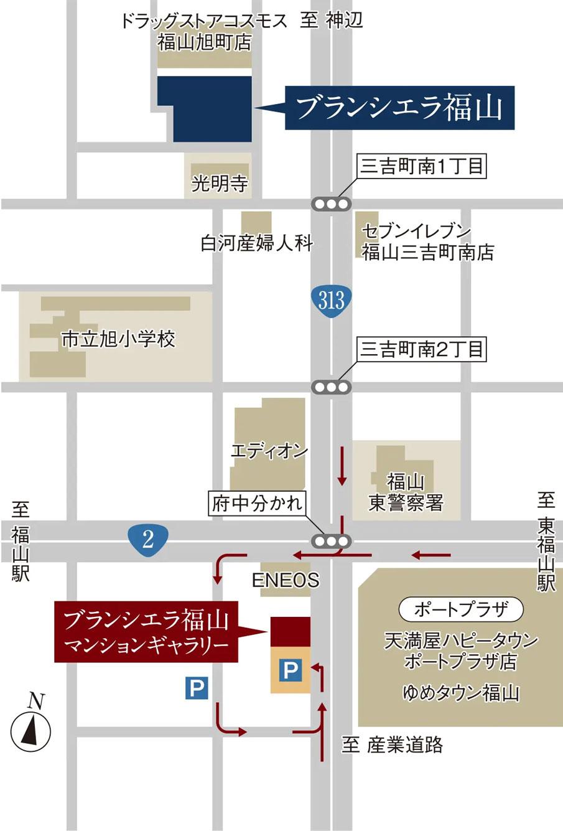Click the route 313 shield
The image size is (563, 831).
click(x=331, y=301)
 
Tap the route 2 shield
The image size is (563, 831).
click(x=147, y=539)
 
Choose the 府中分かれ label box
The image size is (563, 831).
click(x=257, y=504)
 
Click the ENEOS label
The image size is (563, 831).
click(x=285, y=580)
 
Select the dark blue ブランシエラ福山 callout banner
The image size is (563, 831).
click(x=399, y=108)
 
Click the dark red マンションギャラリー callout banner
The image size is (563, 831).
click(x=147, y=631)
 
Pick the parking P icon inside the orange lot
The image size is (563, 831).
click(x=290, y=670)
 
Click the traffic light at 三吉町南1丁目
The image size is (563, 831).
click(x=331, y=204)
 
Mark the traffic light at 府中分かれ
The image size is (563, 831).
click(x=331, y=540)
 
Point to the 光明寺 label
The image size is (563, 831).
click(x=219, y=183)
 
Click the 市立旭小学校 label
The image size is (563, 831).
click(x=118, y=339)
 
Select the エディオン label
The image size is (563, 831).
click(x=269, y=451)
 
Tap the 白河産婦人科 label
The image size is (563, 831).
click(x=256, y=243)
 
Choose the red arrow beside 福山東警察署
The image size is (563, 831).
click(x=342, y=466)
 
